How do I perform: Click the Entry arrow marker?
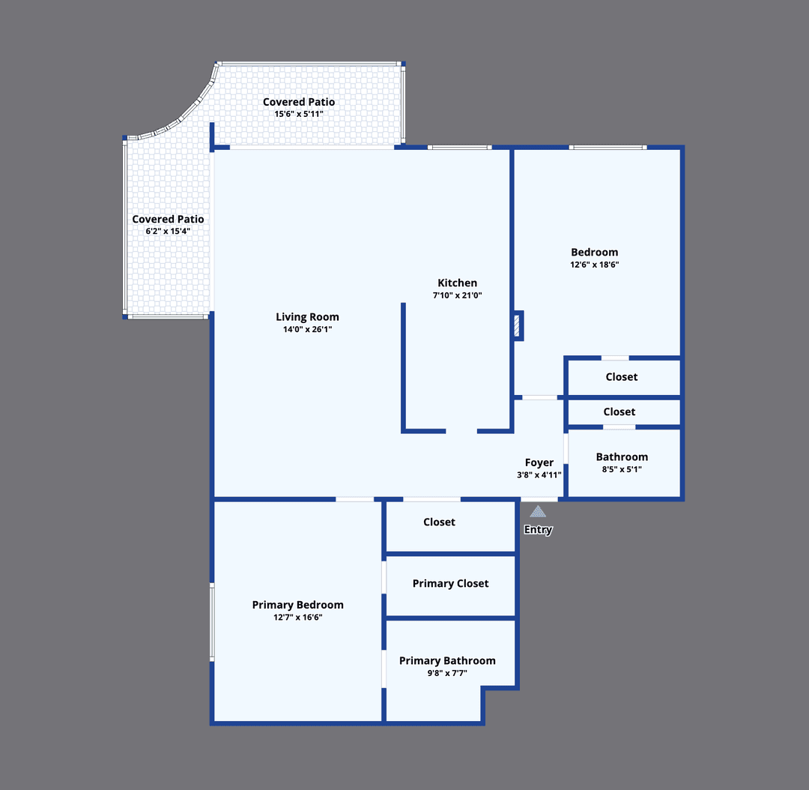click(x=538, y=512)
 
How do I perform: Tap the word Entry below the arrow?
click(x=538, y=530)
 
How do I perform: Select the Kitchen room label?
click(x=457, y=283)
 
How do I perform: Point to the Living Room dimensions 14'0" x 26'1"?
click(x=307, y=329)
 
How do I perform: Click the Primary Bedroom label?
click(x=297, y=605)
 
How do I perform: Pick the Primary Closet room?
click(x=450, y=583)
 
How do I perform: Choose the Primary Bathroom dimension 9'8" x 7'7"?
click(x=447, y=673)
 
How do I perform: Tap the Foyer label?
click(x=539, y=462)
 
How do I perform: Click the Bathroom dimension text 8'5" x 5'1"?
click(x=622, y=469)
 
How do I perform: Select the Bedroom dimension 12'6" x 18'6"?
click(x=595, y=265)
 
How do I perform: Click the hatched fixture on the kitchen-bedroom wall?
click(x=517, y=326)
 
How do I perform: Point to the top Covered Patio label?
click(x=299, y=102)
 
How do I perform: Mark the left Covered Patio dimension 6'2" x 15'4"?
click(x=168, y=232)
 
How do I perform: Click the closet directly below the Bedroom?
click(x=622, y=377)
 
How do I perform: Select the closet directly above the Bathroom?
click(x=619, y=411)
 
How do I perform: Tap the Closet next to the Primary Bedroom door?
click(x=439, y=522)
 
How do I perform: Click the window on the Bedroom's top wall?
click(x=607, y=147)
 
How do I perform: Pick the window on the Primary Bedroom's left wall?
click(x=212, y=622)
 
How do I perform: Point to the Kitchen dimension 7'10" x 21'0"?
click(x=457, y=295)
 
